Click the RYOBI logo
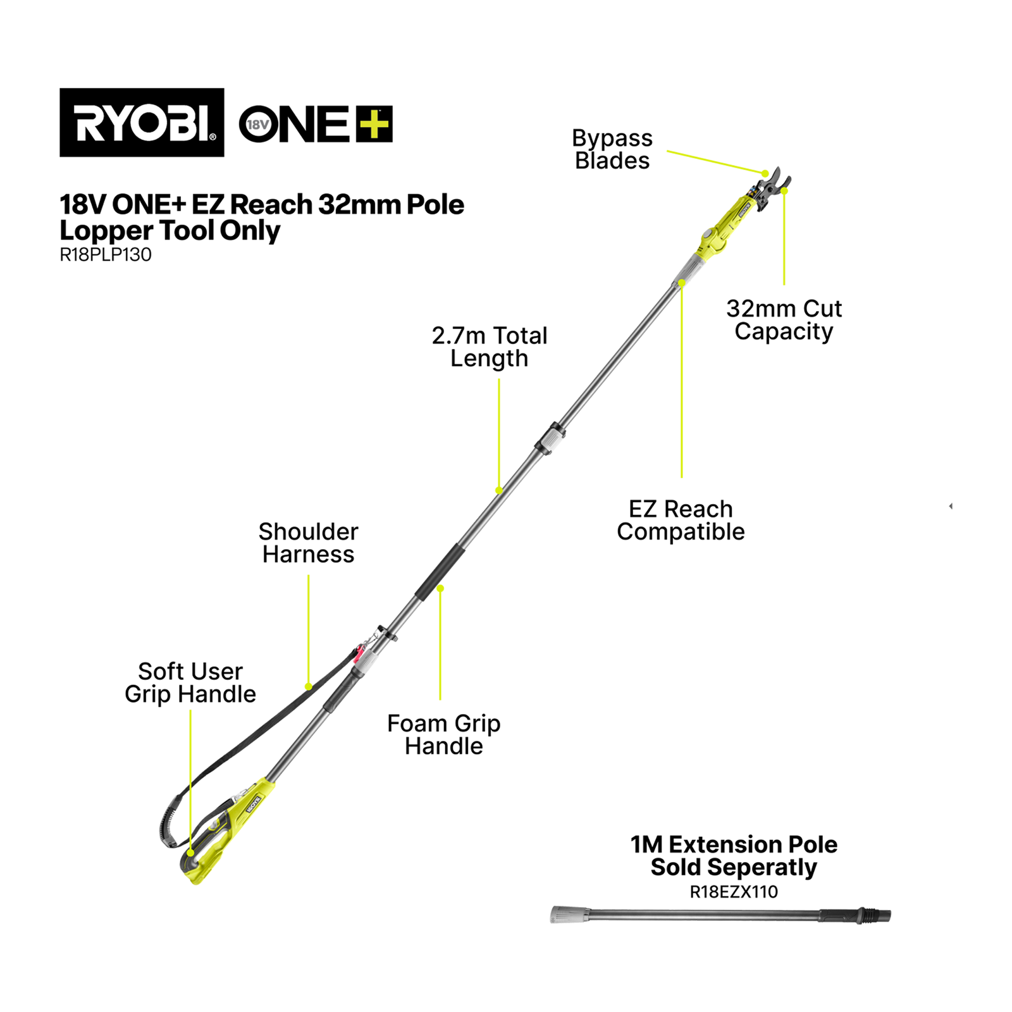pyautogui.click(x=142, y=122)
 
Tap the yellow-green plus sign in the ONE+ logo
pyautogui.click(x=374, y=123)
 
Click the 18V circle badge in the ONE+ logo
pyautogui.click(x=257, y=125)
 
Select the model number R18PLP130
pyautogui.click(x=106, y=255)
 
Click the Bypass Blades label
pyautogui.click(x=612, y=149)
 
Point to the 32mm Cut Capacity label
pyautogui.click(x=784, y=320)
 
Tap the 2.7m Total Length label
pyautogui.click(x=490, y=347)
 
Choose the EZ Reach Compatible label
pyautogui.click(x=681, y=520)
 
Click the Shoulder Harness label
pyautogui.click(x=308, y=543)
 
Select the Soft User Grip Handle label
pyautogui.click(x=190, y=682)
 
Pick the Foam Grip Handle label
pyautogui.click(x=443, y=734)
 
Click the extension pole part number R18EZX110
pyautogui.click(x=734, y=892)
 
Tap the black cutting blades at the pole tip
pyautogui.click(x=772, y=187)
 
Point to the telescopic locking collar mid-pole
pyautogui.click(x=550, y=438)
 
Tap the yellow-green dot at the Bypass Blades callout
pyautogui.click(x=765, y=173)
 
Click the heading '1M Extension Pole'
pyautogui.click(x=734, y=844)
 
